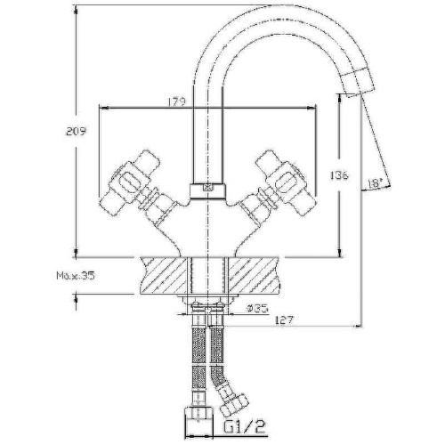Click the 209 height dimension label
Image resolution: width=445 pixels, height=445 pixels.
click(76, 131)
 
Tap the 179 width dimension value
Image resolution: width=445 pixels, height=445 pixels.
click(177, 101)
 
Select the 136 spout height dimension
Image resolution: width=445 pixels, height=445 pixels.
click(339, 175)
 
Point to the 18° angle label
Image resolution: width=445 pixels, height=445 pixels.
click(375, 184)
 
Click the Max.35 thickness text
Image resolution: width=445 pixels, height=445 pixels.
click(76, 276)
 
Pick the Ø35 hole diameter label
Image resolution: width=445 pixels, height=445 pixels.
click(257, 308)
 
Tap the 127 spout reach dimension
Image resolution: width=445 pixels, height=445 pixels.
click(284, 320)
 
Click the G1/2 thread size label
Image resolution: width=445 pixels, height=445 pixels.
click(244, 426)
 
